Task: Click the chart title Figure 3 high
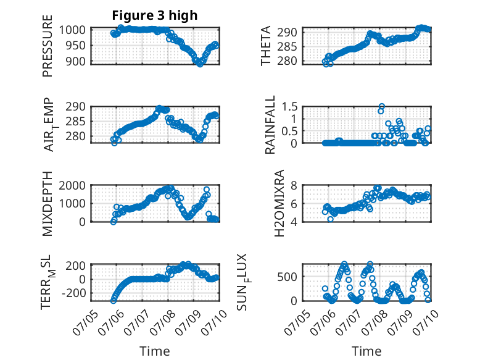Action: click(155, 15)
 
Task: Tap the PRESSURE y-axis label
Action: click(48, 46)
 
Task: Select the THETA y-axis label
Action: click(266, 46)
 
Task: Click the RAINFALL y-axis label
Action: click(270, 125)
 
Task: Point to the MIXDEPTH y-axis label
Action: click(48, 204)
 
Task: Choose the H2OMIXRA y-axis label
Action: click(279, 203)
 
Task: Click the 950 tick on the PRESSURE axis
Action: click(77, 46)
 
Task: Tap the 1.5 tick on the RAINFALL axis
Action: click(289, 107)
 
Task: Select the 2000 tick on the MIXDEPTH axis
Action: click(72, 185)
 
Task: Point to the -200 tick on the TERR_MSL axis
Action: click(74, 293)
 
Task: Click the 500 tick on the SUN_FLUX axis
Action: click(287, 277)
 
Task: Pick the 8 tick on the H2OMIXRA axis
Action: click(294, 185)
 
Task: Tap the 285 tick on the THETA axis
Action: click(287, 46)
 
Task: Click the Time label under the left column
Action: click(155, 351)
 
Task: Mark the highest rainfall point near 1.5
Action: click(381, 107)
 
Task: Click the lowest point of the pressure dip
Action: click(200, 64)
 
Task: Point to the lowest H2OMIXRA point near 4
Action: click(330, 219)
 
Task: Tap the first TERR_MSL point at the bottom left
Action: click(114, 301)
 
